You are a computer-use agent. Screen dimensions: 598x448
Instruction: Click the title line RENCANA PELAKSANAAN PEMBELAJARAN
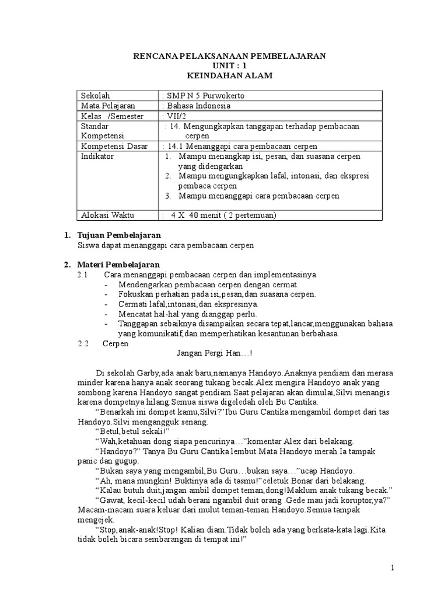pyautogui.click(x=229, y=55)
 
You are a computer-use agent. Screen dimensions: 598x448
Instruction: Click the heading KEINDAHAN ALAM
pyautogui.click(x=229, y=76)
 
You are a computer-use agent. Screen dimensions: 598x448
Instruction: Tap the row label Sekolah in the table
pyautogui.click(x=95, y=96)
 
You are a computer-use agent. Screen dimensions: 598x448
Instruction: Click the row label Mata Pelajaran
pyautogui.click(x=108, y=106)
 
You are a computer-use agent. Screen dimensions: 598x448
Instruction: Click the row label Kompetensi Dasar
pyautogui.click(x=114, y=146)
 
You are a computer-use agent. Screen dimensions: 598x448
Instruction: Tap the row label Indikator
pyautogui.click(x=97, y=157)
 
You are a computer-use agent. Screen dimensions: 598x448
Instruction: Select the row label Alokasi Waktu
pyautogui.click(x=107, y=215)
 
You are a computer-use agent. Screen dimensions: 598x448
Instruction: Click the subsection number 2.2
pyautogui.click(x=83, y=343)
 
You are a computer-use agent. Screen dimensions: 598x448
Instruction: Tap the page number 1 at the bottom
pyautogui.click(x=393, y=567)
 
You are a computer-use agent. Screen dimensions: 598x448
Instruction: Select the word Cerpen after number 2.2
pyautogui.click(x=116, y=343)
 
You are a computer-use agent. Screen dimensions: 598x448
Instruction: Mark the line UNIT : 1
pyautogui.click(x=229, y=66)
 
